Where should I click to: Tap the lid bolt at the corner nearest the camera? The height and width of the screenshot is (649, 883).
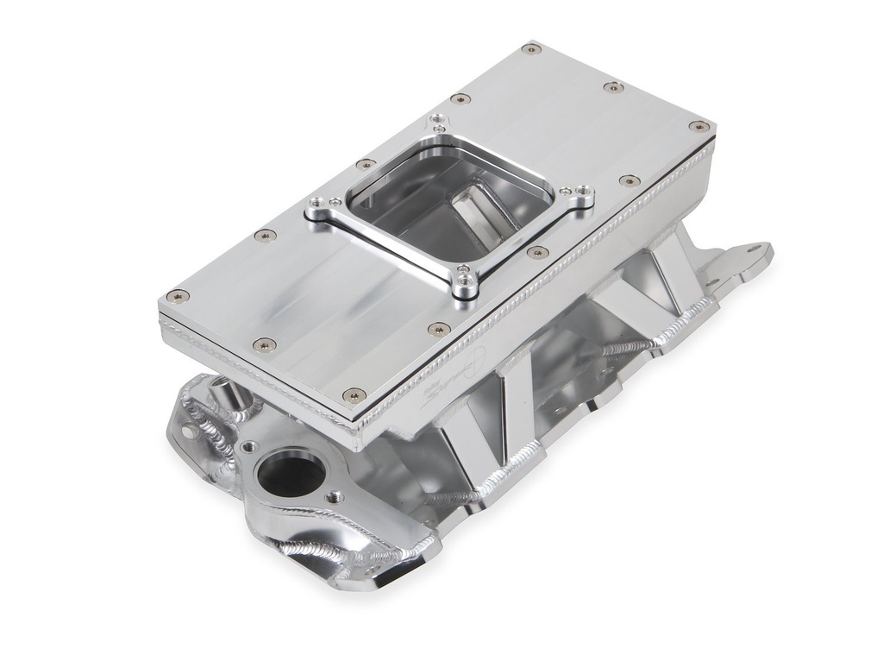coord(354,394)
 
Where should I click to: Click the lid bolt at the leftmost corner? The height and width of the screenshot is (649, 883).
coord(177,295)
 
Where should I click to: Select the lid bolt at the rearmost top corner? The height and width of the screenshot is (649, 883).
coord(532,48)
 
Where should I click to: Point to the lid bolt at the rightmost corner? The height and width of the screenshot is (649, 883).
coord(699,126)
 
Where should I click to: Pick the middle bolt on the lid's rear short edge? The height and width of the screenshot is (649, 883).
coord(613,86)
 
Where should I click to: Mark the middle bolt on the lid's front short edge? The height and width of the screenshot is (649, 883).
coord(264,345)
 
